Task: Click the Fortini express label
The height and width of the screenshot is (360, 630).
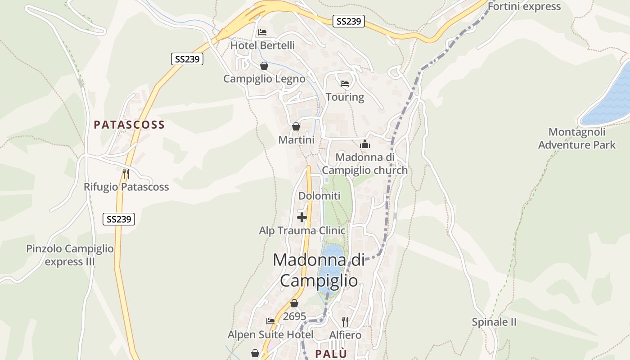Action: click(524, 6)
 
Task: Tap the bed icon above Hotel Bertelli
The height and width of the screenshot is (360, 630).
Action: click(262, 32)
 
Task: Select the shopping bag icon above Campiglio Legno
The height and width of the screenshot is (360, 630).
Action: click(264, 66)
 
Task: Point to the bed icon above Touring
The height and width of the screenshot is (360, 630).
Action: click(345, 84)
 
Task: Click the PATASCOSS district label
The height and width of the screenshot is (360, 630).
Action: click(129, 125)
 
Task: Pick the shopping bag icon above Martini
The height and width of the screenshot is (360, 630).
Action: click(296, 127)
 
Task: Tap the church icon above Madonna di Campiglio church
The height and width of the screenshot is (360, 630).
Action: click(364, 144)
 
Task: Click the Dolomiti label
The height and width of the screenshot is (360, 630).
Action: click(319, 196)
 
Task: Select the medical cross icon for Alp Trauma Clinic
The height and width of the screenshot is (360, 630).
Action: click(302, 218)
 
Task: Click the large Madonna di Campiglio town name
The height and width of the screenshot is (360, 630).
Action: click(319, 270)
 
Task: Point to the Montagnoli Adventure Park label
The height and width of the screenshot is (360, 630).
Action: click(577, 139)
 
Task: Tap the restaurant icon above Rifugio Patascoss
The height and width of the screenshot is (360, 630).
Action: click(126, 174)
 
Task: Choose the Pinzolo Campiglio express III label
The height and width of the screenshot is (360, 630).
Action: click(70, 255)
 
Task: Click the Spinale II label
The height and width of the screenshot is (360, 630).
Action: click(494, 322)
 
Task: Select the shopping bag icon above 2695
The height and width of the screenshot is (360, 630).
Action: click(294, 304)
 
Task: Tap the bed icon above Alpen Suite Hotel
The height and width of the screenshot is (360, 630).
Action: click(270, 321)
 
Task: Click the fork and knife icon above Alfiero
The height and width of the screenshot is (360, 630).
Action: click(345, 321)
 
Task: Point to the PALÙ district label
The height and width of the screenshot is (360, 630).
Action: click(331, 354)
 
